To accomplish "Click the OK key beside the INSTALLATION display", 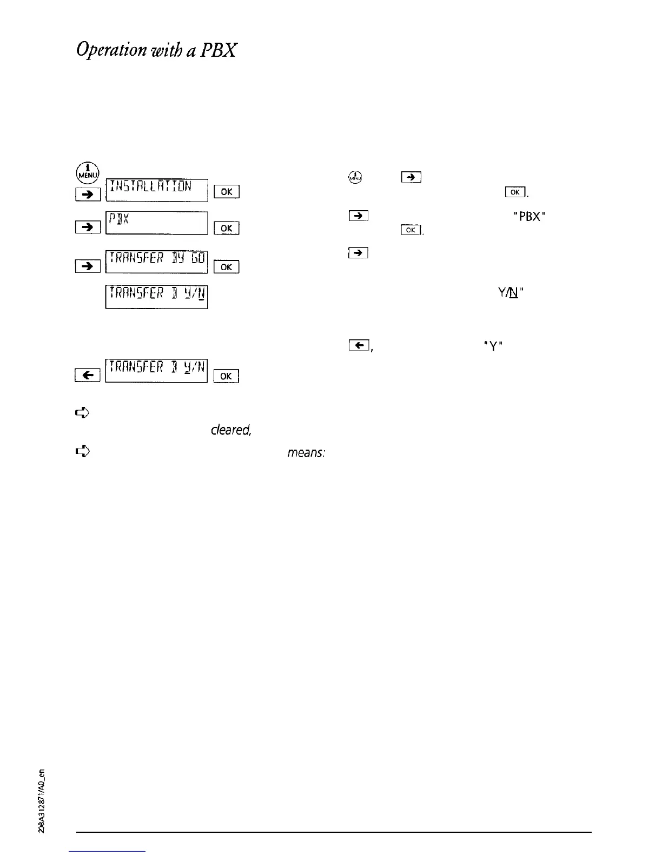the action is (227, 192).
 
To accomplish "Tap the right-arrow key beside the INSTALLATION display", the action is (88, 193).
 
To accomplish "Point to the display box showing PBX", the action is (157, 223).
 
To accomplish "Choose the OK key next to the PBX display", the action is (227, 229).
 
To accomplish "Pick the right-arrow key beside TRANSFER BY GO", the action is (88, 266).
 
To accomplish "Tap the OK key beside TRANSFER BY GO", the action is (227, 266).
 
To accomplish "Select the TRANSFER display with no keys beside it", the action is (157, 297).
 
